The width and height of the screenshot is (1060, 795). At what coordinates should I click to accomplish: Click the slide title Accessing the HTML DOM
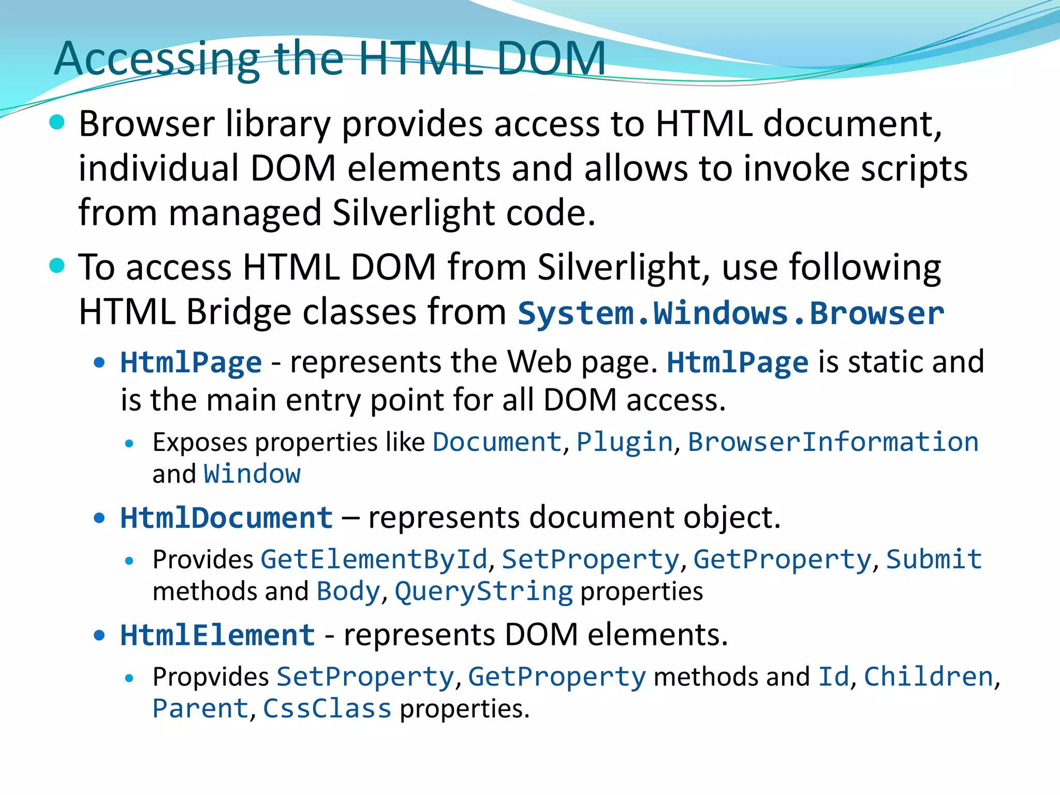tap(330, 58)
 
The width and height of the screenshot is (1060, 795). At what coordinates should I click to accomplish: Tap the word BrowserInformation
tap(833, 442)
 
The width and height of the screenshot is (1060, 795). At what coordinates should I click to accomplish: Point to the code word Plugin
tap(625, 442)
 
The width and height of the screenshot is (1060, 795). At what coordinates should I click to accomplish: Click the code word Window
tap(252, 474)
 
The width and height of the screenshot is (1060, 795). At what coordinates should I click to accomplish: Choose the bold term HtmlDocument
tap(227, 518)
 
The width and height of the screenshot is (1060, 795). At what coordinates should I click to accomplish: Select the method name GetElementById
tap(374, 560)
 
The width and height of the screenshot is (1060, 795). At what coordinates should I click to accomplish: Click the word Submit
tap(934, 560)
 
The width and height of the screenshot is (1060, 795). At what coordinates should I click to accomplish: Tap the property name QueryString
tap(484, 592)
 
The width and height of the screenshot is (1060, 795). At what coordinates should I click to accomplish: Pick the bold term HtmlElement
tap(218, 635)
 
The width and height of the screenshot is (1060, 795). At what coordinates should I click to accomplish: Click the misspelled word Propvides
tap(211, 677)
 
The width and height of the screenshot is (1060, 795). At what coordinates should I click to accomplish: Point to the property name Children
tap(929, 677)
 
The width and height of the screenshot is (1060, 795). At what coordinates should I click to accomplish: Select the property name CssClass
tap(327, 709)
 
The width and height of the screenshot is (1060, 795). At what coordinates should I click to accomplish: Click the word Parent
tap(201, 709)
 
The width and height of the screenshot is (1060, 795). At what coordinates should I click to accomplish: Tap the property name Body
tap(348, 592)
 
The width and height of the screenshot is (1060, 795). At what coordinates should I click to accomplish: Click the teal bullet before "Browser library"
tap(57, 123)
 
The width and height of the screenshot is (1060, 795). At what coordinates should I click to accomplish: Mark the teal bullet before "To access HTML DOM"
tap(57, 266)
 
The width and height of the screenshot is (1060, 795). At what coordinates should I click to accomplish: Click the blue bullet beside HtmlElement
tap(99, 635)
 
